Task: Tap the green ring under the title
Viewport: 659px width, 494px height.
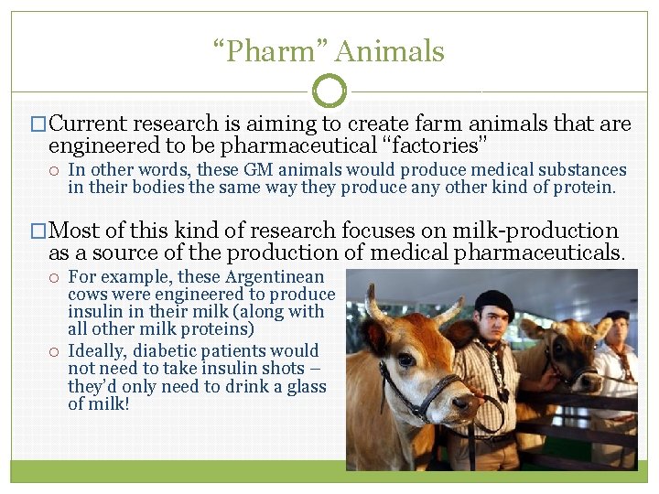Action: click(x=329, y=91)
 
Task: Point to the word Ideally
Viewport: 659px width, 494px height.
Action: click(x=96, y=350)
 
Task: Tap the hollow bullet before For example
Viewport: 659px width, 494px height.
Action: click(x=56, y=277)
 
